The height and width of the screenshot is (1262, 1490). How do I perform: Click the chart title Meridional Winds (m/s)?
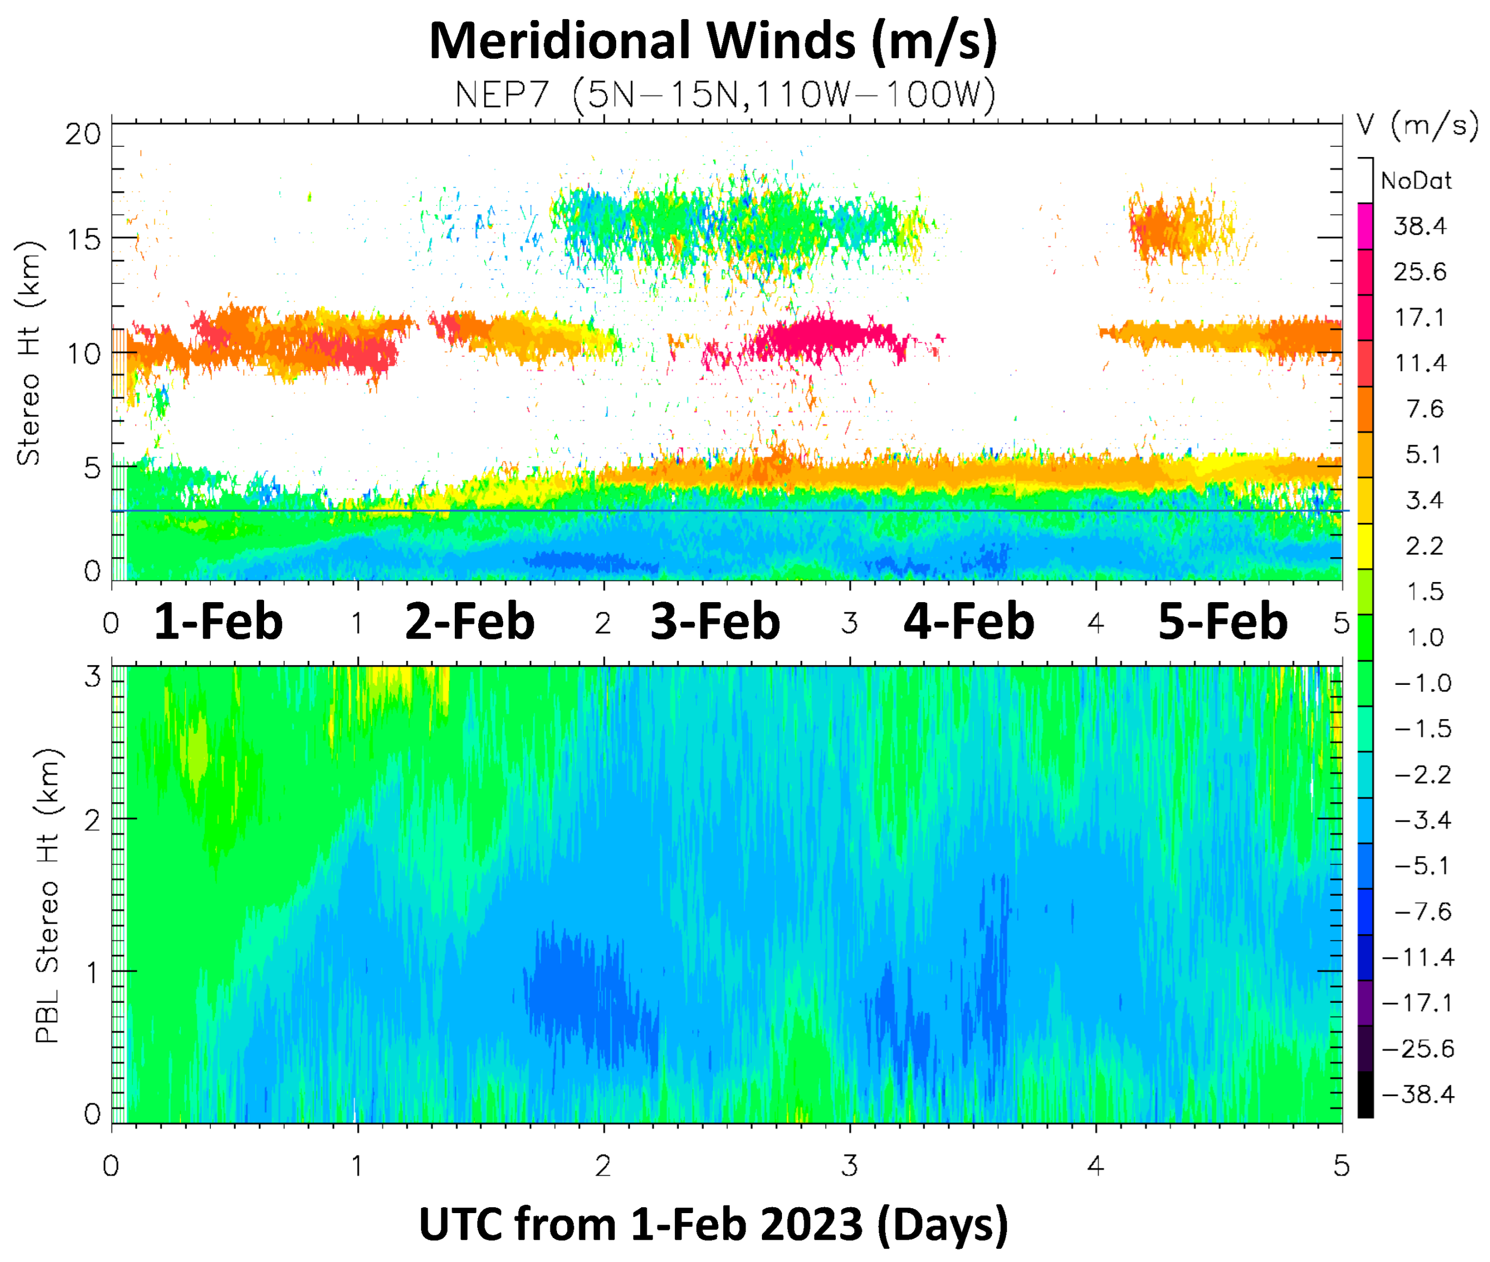click(712, 41)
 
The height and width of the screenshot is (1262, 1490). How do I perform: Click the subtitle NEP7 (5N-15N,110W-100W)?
click(724, 93)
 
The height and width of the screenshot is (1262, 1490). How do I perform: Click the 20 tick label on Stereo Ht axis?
click(84, 134)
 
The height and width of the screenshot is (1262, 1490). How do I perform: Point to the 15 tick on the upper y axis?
click(84, 239)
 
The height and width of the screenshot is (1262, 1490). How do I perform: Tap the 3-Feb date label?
click(715, 622)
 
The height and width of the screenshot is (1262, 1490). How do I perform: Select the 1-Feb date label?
click(218, 622)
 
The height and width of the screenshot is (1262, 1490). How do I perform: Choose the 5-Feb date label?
click(1223, 622)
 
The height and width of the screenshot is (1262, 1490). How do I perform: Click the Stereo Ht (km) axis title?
click(29, 353)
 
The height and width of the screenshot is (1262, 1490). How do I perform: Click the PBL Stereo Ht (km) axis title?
click(48, 896)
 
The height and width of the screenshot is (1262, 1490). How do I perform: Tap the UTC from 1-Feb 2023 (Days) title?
click(712, 1224)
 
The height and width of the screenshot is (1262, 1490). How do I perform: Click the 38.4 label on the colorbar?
click(1419, 227)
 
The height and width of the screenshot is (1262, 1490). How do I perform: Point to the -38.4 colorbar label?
click(1418, 1095)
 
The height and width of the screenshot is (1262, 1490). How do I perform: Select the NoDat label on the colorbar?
click(1416, 181)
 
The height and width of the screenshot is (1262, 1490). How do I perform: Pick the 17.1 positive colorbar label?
click(1420, 317)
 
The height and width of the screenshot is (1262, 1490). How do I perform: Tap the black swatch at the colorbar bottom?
click(1365, 1095)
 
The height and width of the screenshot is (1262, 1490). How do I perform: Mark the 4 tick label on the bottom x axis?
click(1095, 1166)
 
